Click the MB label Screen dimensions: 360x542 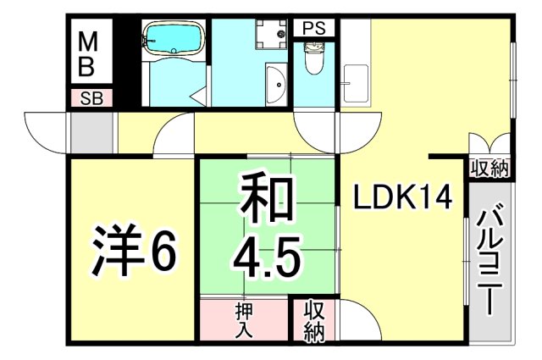tap(87, 52)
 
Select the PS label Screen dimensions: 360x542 tap(313, 27)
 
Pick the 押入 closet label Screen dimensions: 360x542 tap(244, 320)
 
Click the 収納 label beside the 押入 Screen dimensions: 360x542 tap(313, 321)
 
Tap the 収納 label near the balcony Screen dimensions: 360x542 tap(490, 168)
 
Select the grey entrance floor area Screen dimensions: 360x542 tap(91, 132)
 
